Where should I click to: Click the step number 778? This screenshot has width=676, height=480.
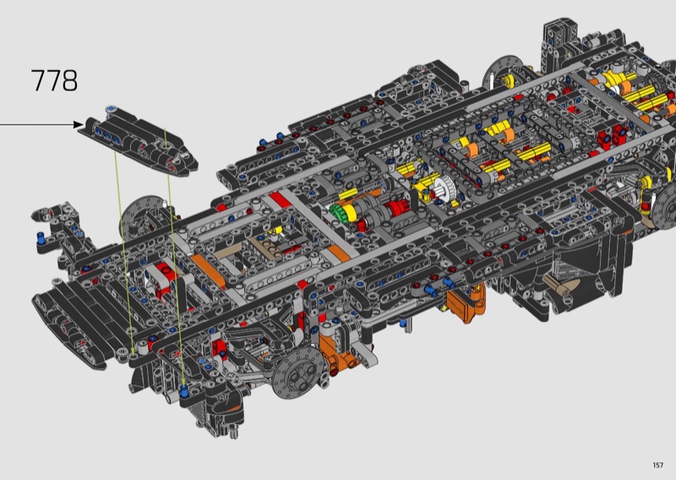pyautogui.click(x=54, y=80)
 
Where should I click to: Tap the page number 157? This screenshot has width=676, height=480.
pyautogui.click(x=658, y=465)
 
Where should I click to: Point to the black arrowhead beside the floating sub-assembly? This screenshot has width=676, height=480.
pyautogui.click(x=79, y=124)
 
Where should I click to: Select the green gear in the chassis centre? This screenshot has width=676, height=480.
pyautogui.click(x=336, y=212)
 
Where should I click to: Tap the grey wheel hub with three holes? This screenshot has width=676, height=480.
pyautogui.click(x=298, y=373)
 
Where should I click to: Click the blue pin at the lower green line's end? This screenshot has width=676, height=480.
pyautogui.click(x=184, y=391)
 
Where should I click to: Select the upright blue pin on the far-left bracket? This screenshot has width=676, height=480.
pyautogui.click(x=41, y=237)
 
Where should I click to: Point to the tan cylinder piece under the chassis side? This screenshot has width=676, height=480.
pyautogui.click(x=560, y=286)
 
